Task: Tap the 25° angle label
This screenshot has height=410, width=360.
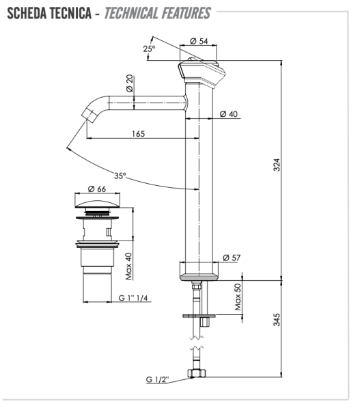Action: coord(149,49)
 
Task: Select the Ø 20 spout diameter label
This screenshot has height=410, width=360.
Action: coord(130,85)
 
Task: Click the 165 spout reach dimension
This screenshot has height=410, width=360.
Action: coord(138,133)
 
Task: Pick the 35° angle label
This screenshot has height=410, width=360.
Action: coord(120,176)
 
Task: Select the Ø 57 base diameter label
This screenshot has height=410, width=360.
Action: coord(231,258)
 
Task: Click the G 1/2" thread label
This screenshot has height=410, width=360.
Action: coord(159,379)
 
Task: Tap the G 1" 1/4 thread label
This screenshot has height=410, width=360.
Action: coord(137,299)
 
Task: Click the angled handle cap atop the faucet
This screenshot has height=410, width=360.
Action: coord(203,70)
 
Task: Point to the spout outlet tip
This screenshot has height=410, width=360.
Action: coord(87,114)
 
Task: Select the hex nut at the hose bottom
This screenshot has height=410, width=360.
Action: coord(197,374)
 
